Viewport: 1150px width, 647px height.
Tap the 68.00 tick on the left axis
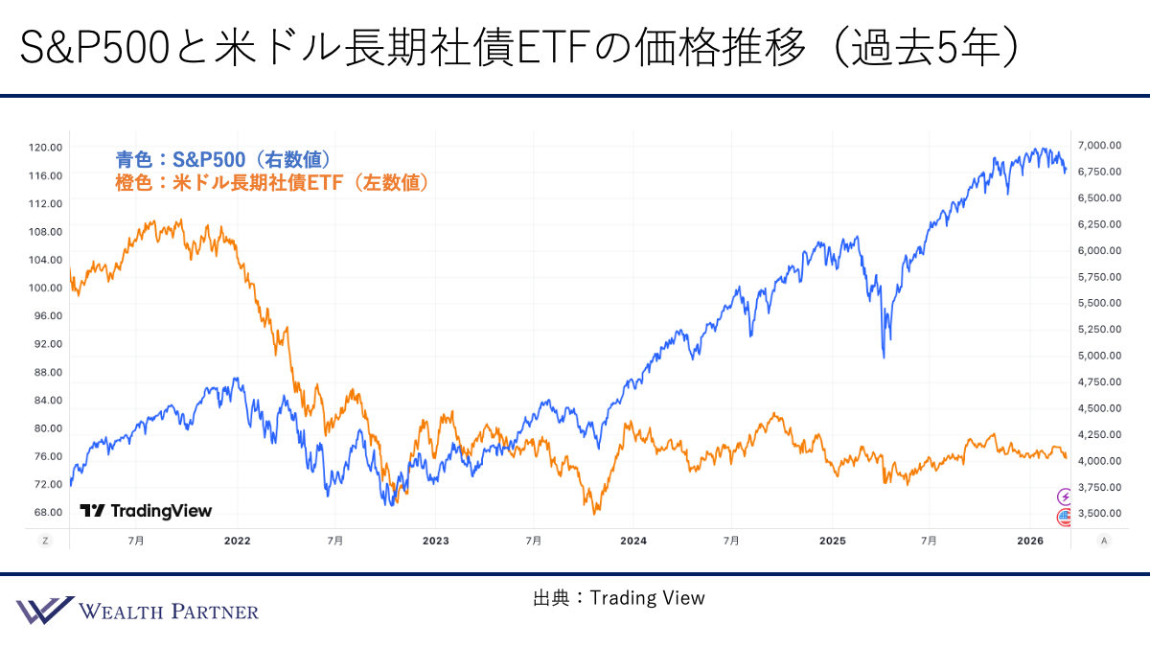48,512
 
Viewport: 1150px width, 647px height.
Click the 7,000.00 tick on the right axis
1099,145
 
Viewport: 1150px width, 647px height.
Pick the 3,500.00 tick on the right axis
1099,513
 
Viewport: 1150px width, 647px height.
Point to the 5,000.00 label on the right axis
1099,355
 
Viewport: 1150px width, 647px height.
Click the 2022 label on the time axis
237,541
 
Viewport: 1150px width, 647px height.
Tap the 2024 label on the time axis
633,541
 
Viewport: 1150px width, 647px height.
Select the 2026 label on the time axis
1029,541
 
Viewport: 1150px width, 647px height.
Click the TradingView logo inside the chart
146,511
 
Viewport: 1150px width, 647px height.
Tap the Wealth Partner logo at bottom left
137,611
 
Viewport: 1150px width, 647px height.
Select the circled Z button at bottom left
45,541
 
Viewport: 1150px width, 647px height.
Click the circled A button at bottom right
1104,541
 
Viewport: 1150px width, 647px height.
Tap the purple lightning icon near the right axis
1064,496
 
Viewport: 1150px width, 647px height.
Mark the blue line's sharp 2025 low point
883,358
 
